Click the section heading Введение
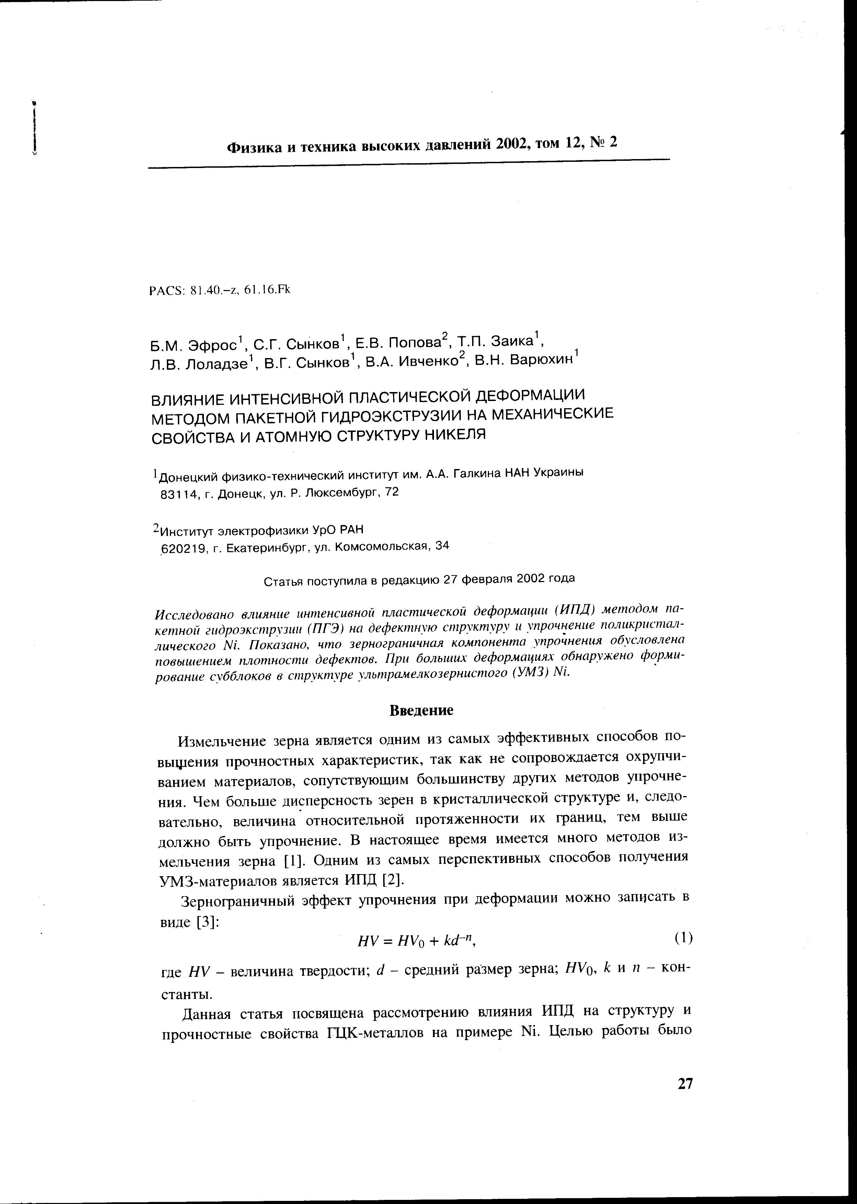coord(421,710)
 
